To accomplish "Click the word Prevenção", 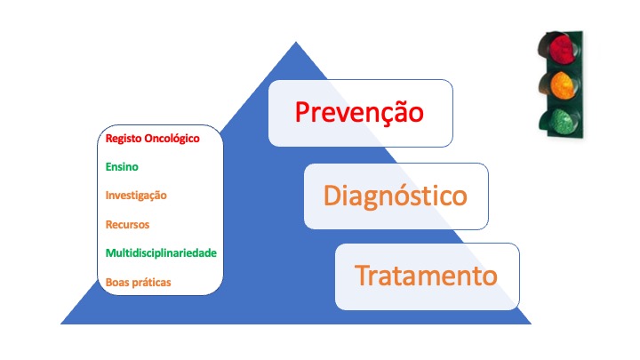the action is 359,113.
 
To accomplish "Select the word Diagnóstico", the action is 395,196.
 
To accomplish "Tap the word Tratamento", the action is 426,276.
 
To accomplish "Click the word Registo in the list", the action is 124,139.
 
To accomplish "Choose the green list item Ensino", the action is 122,166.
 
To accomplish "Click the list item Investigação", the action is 136,196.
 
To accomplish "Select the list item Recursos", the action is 127,225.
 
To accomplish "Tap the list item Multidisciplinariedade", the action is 161,253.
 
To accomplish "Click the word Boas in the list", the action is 117,282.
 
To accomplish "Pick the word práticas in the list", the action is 151,283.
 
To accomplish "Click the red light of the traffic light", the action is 562,49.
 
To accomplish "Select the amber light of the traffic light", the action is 563,85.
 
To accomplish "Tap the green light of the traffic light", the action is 562,121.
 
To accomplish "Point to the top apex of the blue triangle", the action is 296,42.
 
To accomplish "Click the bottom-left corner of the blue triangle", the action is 60,324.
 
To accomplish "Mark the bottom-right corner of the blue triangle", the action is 531,324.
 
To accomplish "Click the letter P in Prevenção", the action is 302,112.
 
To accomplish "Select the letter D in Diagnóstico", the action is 332,196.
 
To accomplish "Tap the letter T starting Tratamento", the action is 363,276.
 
